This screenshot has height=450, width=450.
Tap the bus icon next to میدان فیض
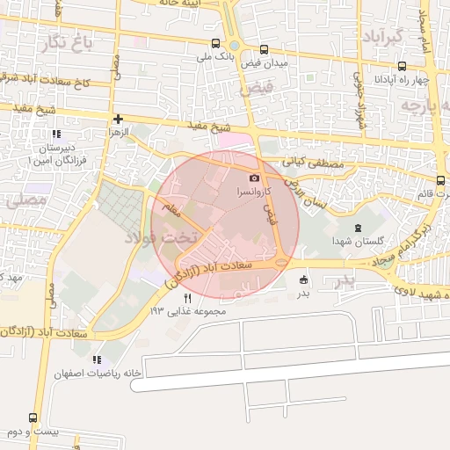point(264,49)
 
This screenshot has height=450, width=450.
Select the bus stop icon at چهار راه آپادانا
point(402,66)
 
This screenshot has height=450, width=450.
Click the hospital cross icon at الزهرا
point(118,119)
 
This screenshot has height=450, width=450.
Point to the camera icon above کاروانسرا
point(255,178)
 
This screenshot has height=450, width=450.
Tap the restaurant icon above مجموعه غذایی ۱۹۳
point(186,299)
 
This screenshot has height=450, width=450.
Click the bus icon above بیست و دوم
point(33,418)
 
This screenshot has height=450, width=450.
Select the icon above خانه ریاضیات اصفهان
point(97,359)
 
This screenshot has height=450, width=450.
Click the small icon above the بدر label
point(304,280)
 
